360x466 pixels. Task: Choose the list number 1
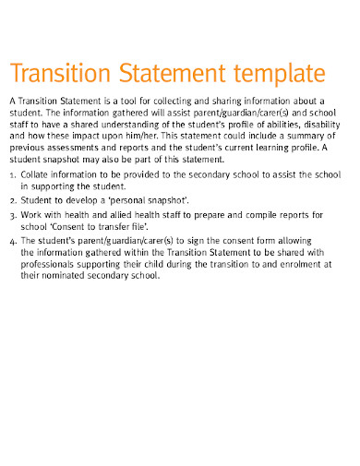click(12, 173)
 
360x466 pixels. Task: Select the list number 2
click(12, 199)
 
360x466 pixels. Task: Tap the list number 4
click(12, 242)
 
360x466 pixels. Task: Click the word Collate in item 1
click(38, 173)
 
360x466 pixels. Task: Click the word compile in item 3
click(262, 215)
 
